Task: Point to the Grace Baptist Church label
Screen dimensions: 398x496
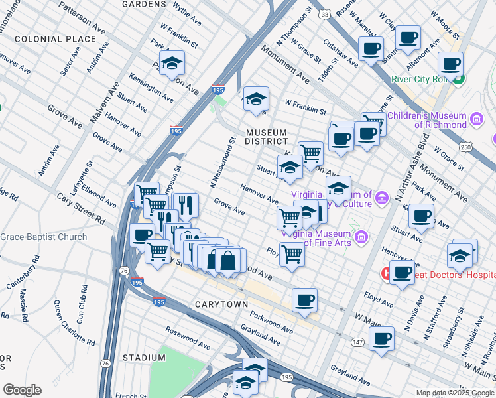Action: tap(44, 237)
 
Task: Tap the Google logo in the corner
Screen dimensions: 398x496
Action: tap(22, 389)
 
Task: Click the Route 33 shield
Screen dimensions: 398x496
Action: tap(324, 13)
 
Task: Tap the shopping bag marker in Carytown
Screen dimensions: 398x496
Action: tap(228, 260)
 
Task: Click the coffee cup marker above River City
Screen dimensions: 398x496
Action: tap(450, 64)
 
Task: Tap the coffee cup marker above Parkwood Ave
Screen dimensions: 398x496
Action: tap(304, 300)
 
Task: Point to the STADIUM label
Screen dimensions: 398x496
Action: tap(143, 358)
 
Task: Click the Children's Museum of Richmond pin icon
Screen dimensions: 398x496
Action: tap(475, 119)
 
